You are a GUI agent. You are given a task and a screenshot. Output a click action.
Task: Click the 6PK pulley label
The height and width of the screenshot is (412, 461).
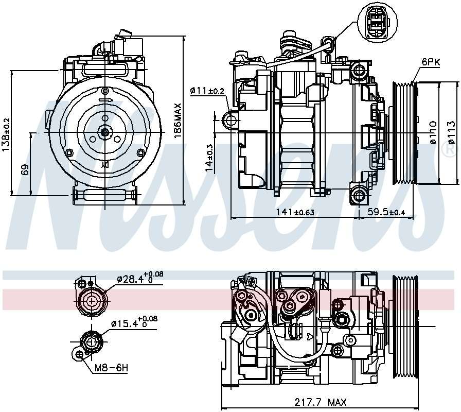pos(431,62)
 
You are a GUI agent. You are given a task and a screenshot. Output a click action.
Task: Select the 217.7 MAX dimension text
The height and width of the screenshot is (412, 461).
pos(320,402)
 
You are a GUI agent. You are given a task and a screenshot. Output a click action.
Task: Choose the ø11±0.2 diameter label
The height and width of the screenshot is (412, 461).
pos(207,91)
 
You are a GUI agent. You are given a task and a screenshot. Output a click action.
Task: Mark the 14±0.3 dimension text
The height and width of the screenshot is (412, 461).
pos(209,157)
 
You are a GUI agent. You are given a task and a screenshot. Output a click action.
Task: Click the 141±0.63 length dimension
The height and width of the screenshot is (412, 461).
pos(294,211)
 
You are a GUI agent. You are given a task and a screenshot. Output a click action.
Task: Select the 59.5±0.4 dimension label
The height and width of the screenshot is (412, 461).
pos(386,211)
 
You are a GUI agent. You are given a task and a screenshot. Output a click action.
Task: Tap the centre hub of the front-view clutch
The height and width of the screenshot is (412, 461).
pos(105,132)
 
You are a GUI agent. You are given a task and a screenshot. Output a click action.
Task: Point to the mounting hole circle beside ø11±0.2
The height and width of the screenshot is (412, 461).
pos(230,121)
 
